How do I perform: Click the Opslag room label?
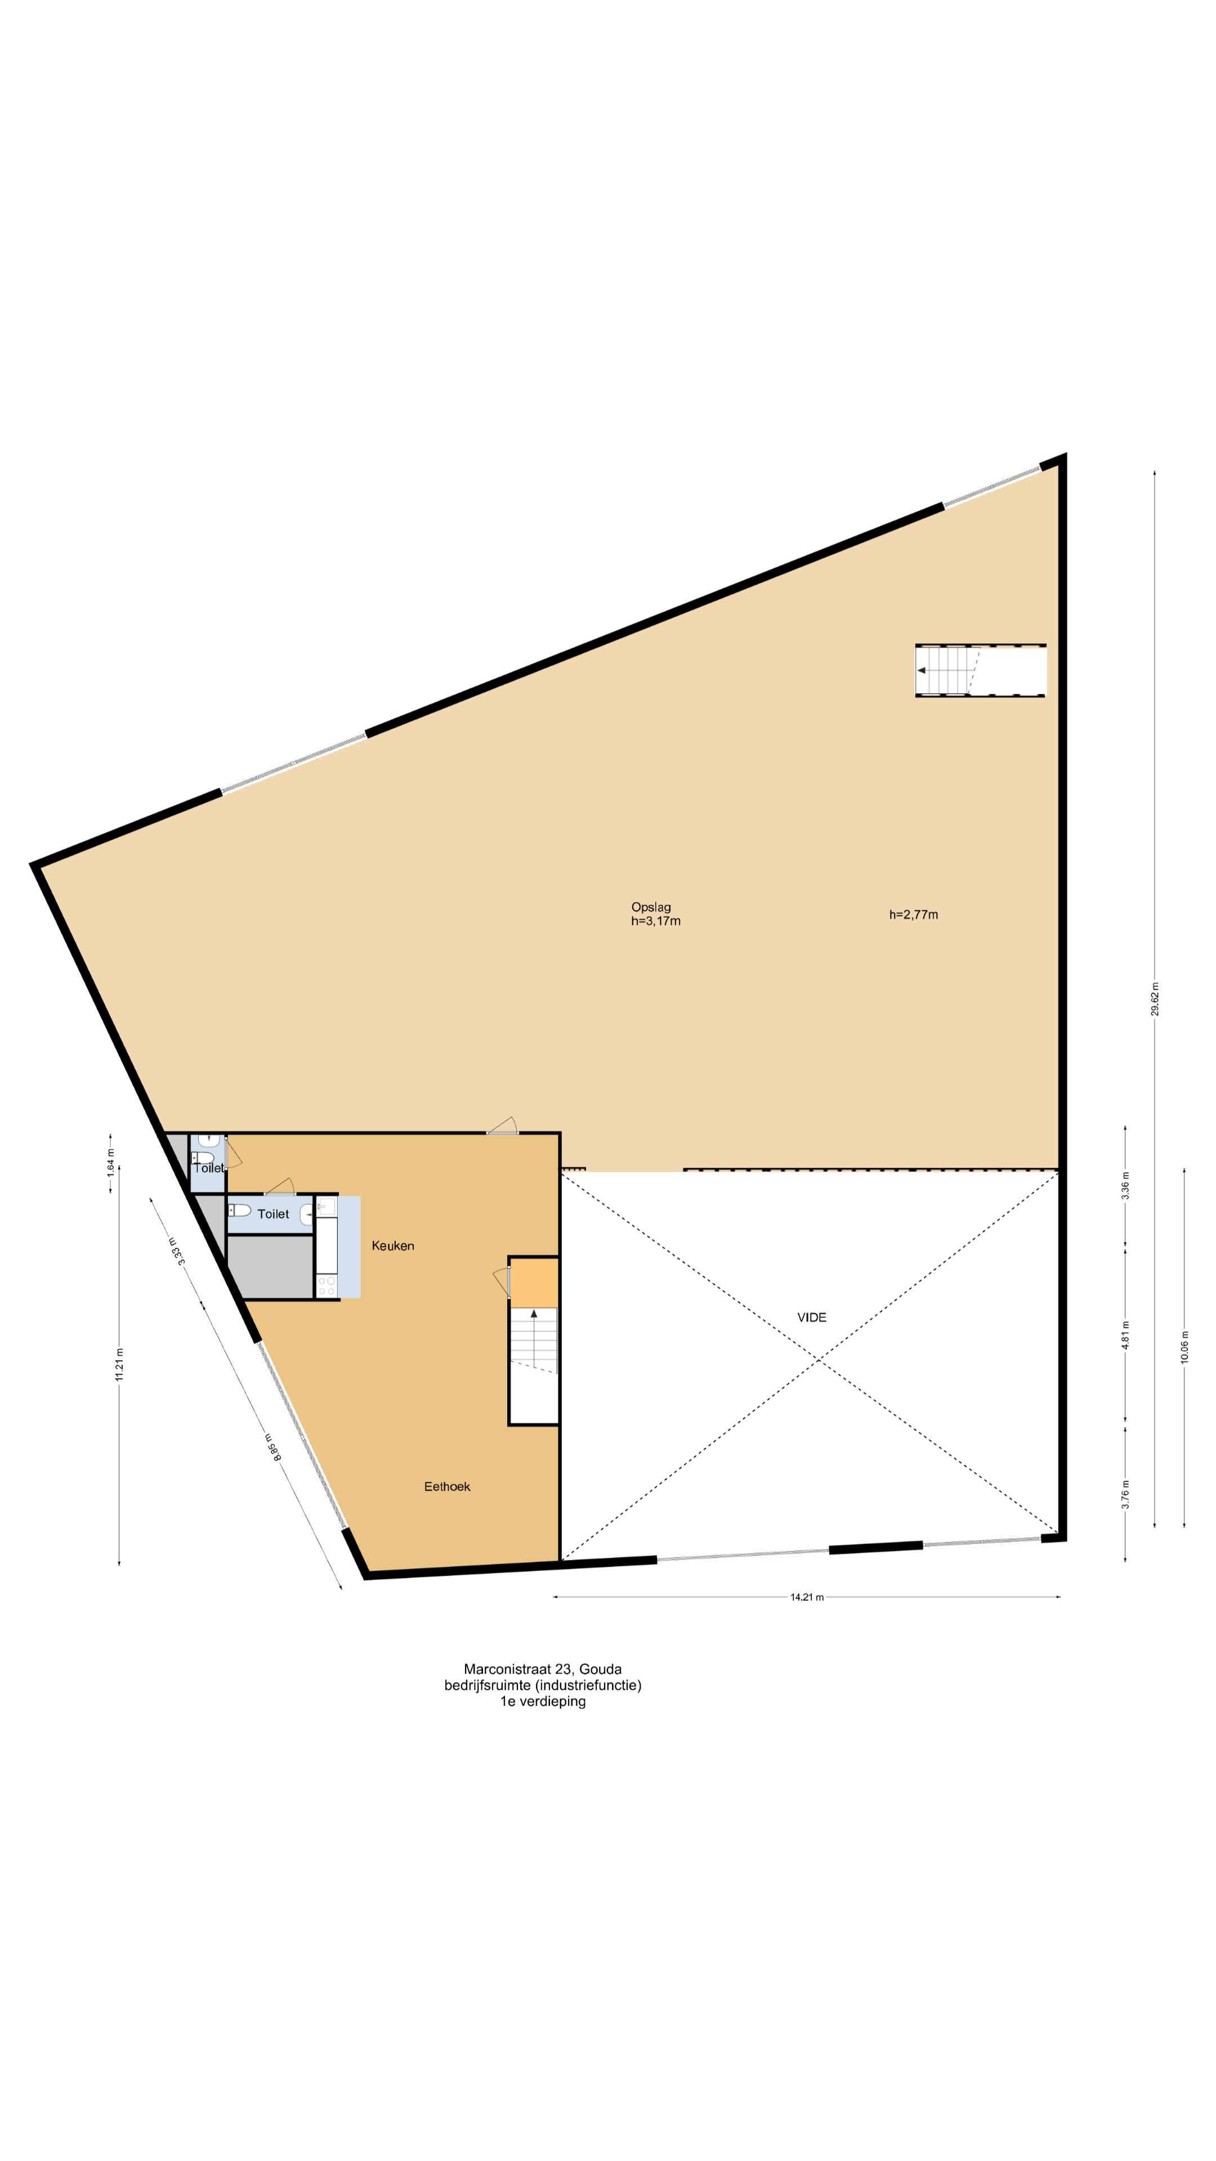click(x=650, y=906)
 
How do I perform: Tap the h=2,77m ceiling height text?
click(x=913, y=914)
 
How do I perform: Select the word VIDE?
click(x=811, y=1317)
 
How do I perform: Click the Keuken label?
click(x=393, y=1246)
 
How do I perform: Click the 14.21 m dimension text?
click(x=807, y=1597)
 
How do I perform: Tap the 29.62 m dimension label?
click(x=1155, y=999)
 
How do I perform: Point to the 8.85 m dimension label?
click(x=272, y=1449)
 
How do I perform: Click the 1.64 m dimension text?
click(x=110, y=1169)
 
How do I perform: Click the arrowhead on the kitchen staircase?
click(x=534, y=1313)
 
